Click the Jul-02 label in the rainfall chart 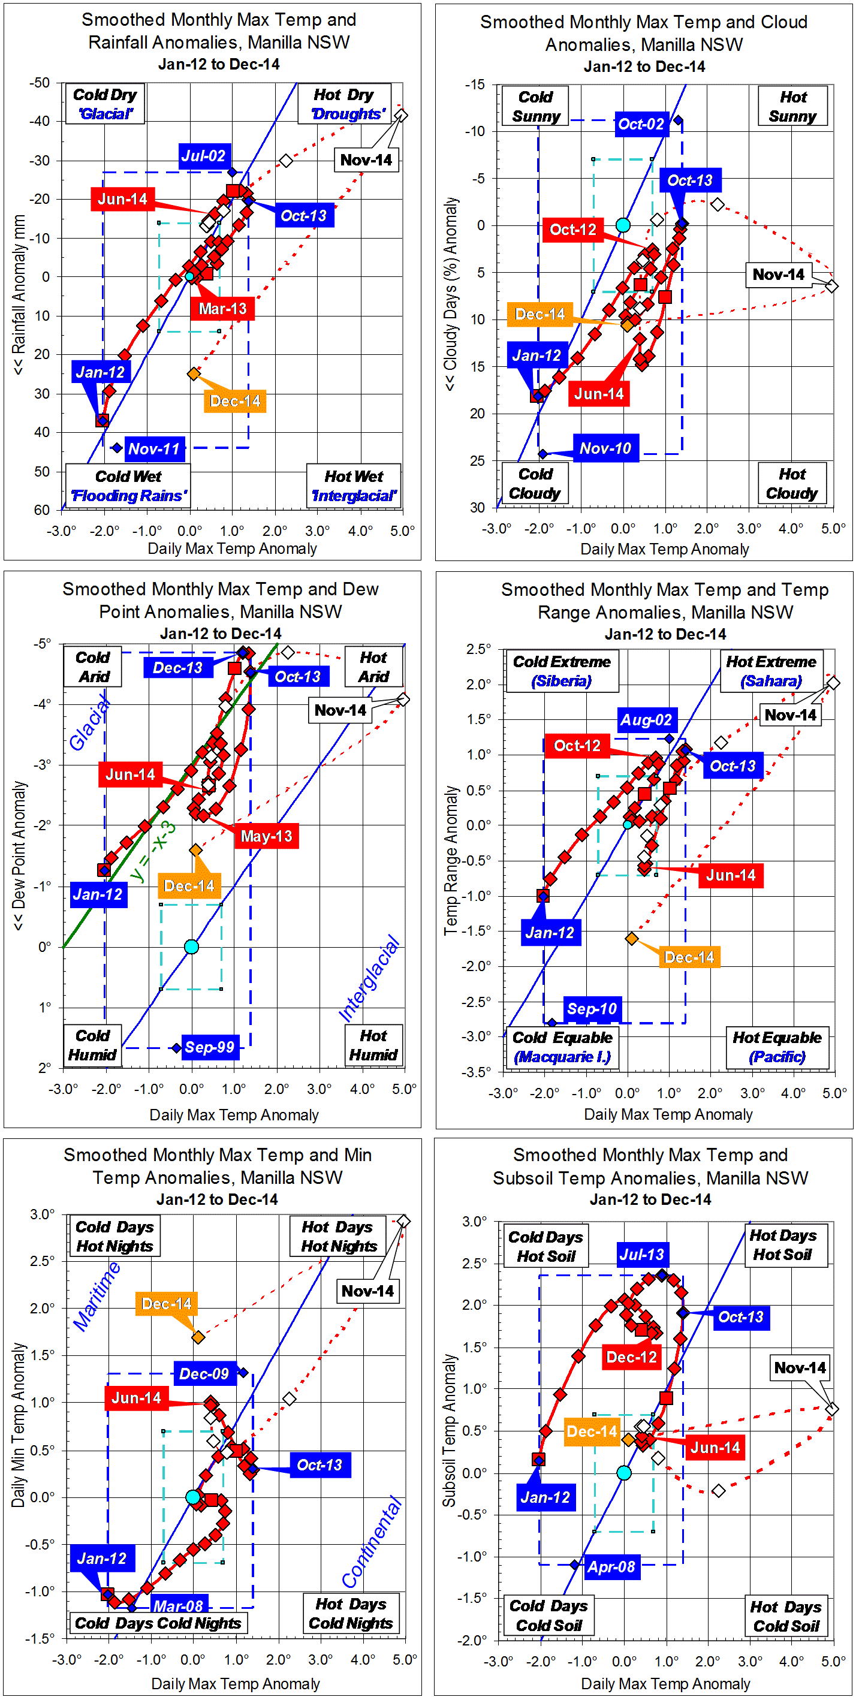pos(204,156)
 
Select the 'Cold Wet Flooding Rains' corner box pos(128,486)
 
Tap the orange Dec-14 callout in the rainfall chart pos(234,401)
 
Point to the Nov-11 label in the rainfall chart pos(153,448)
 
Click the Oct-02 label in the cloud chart pos(641,124)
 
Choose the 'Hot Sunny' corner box pos(793,106)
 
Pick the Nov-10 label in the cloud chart pos(605,448)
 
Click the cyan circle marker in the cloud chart pos(623,225)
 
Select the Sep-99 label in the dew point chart pos(210,1047)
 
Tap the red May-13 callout pos(266,836)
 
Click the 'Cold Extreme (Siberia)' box pos(562,671)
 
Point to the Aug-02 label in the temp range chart pos(646,720)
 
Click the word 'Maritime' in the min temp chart pos(97,1296)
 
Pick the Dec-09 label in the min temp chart pos(204,1373)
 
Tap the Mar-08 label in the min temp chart pos(178,1605)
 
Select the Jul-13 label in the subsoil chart pos(642,1254)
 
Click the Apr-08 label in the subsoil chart pos(611,1566)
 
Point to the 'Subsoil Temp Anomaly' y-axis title pos(449,1430)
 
